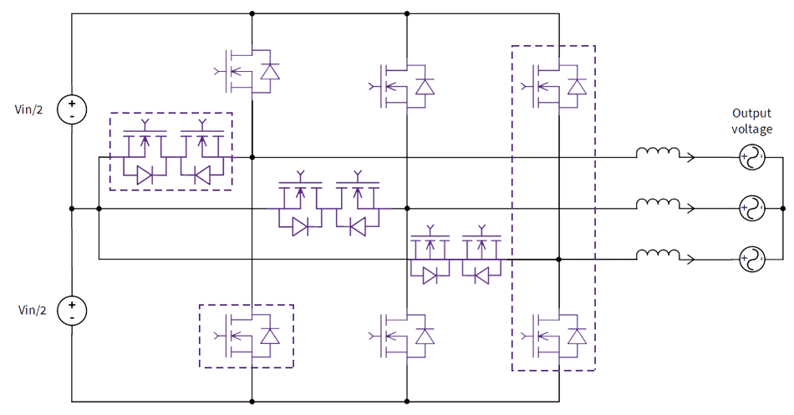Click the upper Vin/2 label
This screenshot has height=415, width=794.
(x=31, y=109)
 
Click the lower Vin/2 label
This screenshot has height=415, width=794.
(x=31, y=311)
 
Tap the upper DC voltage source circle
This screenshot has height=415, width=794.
(x=72, y=109)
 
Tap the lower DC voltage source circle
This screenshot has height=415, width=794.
(x=72, y=311)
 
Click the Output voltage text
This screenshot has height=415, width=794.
(x=752, y=121)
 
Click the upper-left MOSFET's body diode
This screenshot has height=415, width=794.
(x=269, y=72)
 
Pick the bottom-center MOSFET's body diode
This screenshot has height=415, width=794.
(x=425, y=336)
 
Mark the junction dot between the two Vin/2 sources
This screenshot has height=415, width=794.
(x=72, y=209)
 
